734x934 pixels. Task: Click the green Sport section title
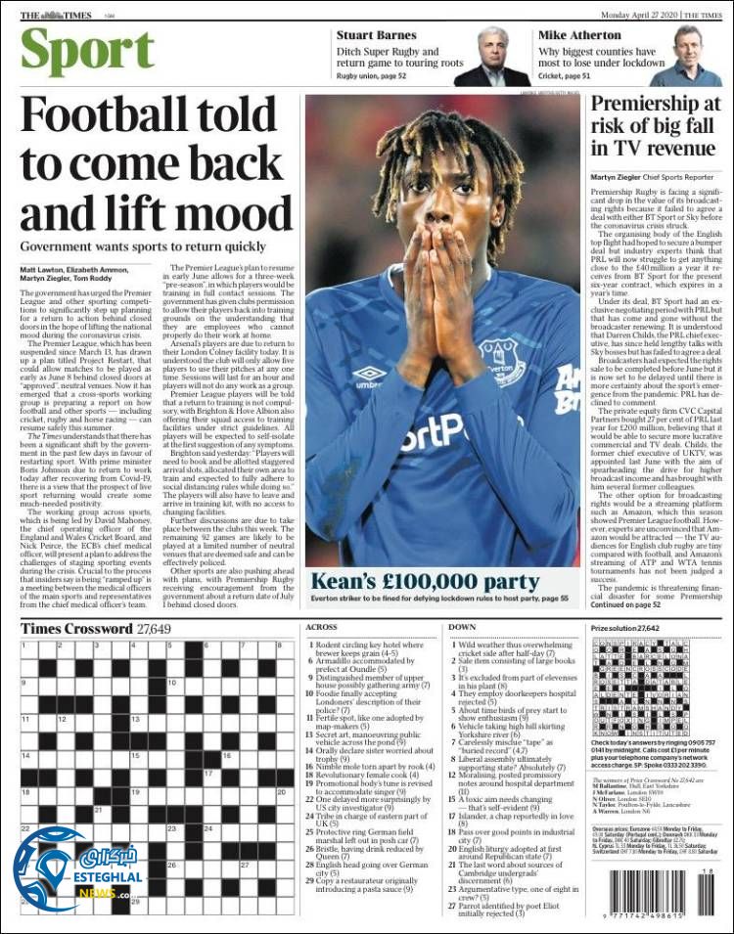(x=87, y=53)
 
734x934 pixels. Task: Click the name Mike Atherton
(x=579, y=35)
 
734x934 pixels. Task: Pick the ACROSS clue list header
(x=322, y=627)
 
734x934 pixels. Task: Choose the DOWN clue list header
(x=462, y=627)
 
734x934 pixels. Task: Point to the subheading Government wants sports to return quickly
(x=143, y=247)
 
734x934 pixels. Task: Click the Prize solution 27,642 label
(x=625, y=627)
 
